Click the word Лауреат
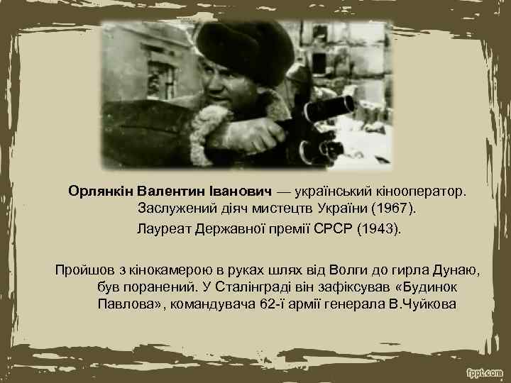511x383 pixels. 163,230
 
